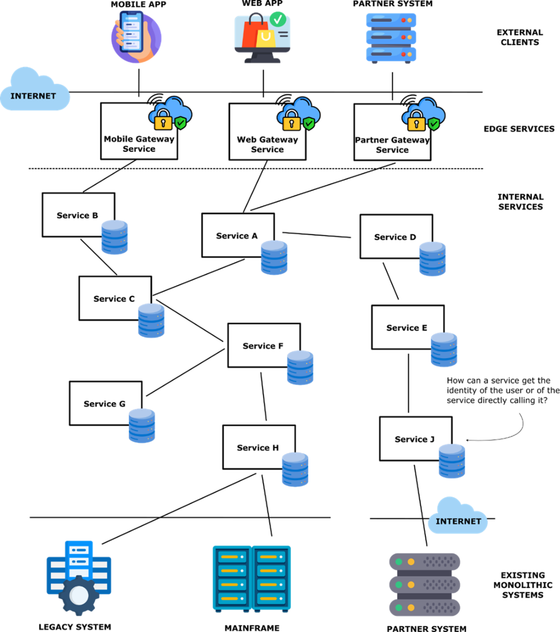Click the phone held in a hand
point(131,32)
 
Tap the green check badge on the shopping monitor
point(278,19)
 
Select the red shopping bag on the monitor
point(254,33)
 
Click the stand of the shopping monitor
point(262,58)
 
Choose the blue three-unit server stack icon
point(391,38)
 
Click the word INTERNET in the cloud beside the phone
point(33,96)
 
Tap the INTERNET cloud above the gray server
point(458,516)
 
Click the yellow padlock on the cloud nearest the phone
point(163,121)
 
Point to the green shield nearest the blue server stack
point(434,123)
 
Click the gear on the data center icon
point(79,595)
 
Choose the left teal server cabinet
point(232,578)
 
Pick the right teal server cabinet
point(271,578)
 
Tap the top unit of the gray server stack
point(425,562)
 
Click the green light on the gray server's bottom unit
point(399,608)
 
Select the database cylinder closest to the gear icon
point(142,426)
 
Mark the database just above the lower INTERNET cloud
point(452,461)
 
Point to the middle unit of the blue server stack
point(391,37)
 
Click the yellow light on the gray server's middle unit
point(411,585)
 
